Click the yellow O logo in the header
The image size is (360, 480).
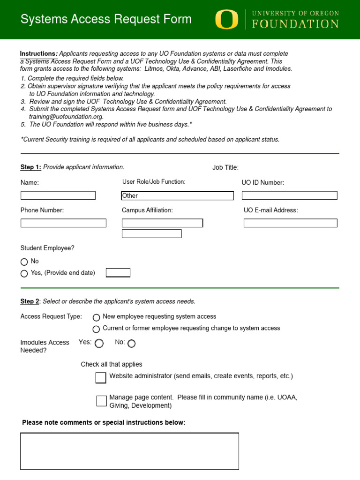click(226, 20)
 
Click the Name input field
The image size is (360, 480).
click(58, 195)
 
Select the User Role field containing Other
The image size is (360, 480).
click(177, 195)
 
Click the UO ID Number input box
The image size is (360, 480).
click(289, 195)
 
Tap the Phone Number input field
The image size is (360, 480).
click(63, 223)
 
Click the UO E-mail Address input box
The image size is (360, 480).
click(290, 223)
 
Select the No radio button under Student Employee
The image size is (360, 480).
click(24, 262)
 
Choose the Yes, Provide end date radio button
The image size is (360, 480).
click(24, 274)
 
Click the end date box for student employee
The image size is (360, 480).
click(118, 273)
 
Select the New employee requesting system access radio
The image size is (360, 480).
click(97, 317)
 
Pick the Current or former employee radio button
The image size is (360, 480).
click(97, 329)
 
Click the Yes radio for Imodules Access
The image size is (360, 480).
click(99, 344)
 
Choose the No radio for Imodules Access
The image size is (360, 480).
click(131, 344)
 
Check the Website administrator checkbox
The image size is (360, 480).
click(101, 378)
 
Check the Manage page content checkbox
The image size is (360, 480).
click(102, 401)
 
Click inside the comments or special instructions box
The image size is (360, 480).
click(129, 451)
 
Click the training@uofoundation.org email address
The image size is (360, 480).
click(66, 117)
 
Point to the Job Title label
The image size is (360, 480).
click(225, 168)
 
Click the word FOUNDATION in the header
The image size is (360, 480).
click(295, 24)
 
